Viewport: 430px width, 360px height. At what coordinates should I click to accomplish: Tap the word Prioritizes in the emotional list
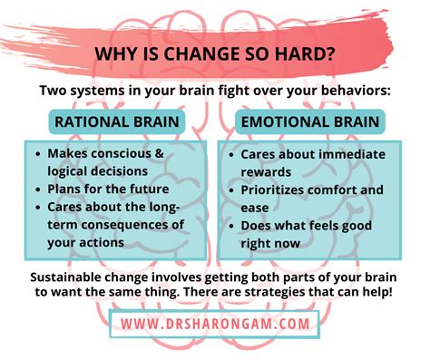(x=279, y=190)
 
